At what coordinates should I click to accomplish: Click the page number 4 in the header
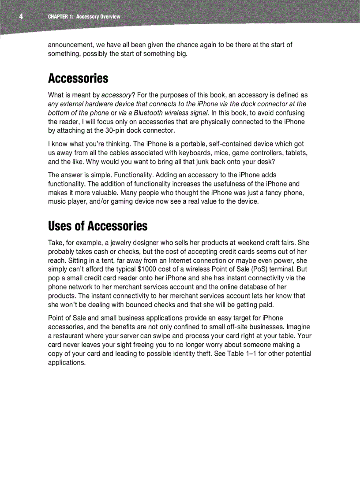[20, 17]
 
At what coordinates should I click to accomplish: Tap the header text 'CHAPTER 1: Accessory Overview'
[84, 17]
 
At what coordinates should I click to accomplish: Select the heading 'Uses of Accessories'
[97, 226]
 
